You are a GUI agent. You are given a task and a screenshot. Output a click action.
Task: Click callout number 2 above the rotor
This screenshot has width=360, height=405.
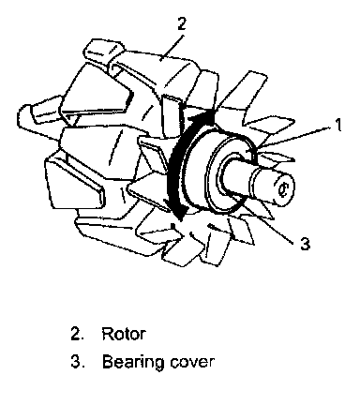pyautogui.click(x=181, y=24)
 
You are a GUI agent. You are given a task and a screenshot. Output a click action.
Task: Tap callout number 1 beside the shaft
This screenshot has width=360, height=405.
pyautogui.click(x=337, y=125)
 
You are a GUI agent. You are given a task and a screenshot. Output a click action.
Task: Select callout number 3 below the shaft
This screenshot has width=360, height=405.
pyautogui.click(x=305, y=244)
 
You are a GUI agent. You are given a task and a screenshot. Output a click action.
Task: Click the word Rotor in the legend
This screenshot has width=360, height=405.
pyautogui.click(x=124, y=334)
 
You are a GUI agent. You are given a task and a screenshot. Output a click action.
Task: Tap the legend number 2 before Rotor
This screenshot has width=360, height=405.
pyautogui.click(x=78, y=334)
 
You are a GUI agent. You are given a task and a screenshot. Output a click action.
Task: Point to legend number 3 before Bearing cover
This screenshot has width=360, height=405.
pyautogui.click(x=78, y=362)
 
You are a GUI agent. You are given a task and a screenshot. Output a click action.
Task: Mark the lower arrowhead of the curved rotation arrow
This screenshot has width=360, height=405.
pyautogui.click(x=179, y=214)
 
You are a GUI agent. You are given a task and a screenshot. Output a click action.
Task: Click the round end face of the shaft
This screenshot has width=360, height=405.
pyautogui.click(x=282, y=188)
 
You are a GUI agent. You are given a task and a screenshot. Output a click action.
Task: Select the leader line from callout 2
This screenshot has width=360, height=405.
pyautogui.click(x=172, y=47)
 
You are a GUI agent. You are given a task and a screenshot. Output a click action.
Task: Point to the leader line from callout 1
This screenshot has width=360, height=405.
pyautogui.click(x=293, y=137)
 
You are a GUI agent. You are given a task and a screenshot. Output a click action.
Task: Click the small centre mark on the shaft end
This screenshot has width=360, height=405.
pyautogui.click(x=283, y=189)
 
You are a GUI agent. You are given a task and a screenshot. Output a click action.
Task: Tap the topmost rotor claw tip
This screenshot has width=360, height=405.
pyautogui.click(x=100, y=50)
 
